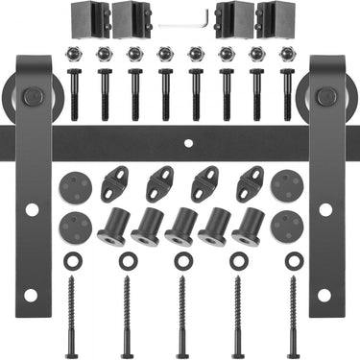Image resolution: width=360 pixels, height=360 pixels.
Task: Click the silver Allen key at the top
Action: (180, 22)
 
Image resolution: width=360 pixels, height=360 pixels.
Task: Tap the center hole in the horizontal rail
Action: (188, 144)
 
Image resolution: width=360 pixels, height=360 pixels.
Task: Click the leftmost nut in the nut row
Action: (74, 54)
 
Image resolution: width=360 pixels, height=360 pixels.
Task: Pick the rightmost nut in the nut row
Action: (287, 54)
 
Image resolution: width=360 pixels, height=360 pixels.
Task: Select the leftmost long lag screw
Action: (69, 312)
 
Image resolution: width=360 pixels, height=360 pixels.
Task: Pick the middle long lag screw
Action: (180, 312)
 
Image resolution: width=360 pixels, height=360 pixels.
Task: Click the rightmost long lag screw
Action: (293, 312)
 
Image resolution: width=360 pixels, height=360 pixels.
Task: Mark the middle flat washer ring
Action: (180, 260)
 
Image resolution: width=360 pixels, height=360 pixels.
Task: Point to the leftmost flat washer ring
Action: (69, 260)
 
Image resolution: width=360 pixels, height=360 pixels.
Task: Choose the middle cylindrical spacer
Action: (180, 227)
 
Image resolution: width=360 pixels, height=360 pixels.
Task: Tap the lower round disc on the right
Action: (286, 226)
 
